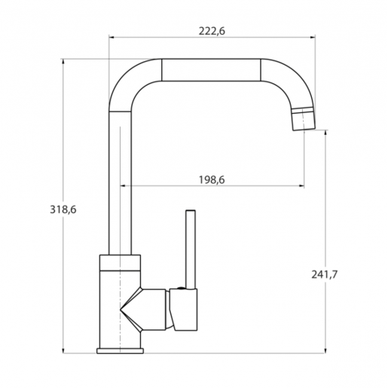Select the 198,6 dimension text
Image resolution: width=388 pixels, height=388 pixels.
(x=212, y=179)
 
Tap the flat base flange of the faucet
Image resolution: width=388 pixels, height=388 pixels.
(x=120, y=350)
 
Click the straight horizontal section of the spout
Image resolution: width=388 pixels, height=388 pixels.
(x=212, y=70)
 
